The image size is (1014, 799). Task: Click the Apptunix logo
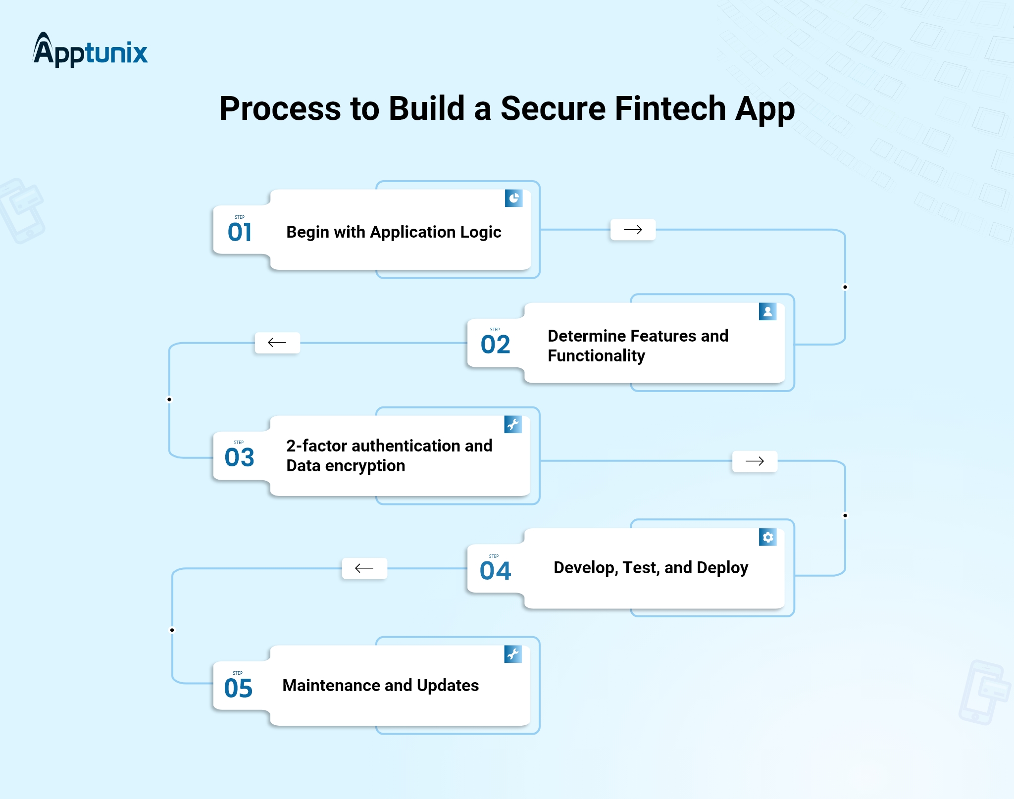point(90,50)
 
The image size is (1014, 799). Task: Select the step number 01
point(240,232)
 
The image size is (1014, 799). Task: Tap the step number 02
point(495,345)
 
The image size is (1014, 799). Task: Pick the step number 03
point(239,457)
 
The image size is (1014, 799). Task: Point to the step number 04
point(495,571)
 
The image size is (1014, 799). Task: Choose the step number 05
point(238,688)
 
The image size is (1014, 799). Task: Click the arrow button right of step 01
point(633,230)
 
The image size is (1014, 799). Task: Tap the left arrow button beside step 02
point(277,343)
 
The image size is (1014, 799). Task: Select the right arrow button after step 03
point(755,461)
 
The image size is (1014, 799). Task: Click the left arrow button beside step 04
point(364,568)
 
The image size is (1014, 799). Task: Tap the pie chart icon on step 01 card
point(514,199)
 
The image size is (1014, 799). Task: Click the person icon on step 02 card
point(767,311)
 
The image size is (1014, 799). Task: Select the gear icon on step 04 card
point(767,537)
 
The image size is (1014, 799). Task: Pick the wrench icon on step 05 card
point(513,654)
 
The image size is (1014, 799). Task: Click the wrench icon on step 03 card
point(513,424)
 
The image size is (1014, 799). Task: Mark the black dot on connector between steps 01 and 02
point(845,287)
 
